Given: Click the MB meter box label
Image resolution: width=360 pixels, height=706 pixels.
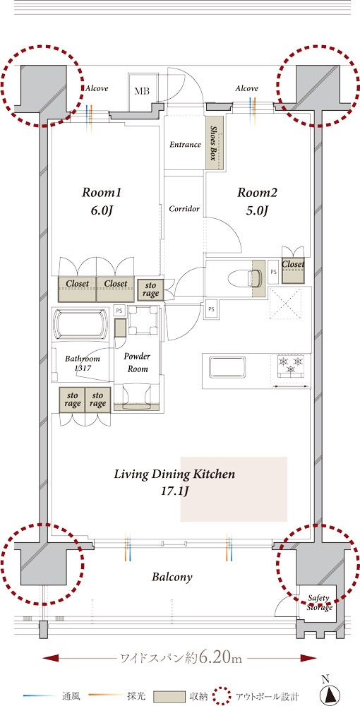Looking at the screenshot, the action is point(142,91).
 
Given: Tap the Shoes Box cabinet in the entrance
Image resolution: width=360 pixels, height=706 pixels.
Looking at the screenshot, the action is point(215,143).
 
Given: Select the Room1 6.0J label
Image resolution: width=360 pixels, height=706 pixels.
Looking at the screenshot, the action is point(102,201).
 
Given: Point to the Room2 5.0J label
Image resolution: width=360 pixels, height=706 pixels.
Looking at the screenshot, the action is point(258,201).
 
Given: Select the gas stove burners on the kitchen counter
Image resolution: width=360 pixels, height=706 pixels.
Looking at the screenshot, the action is point(291,365).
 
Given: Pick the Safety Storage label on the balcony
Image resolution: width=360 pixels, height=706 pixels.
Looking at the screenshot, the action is point(320,603).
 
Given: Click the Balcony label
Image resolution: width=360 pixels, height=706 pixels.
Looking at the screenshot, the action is point(172,578).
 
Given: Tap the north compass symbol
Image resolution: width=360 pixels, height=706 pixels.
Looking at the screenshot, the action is point(328,692).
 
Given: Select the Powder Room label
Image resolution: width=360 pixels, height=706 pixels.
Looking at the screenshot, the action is point(137,362).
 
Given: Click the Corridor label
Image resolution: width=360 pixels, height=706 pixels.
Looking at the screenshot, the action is point(184,209).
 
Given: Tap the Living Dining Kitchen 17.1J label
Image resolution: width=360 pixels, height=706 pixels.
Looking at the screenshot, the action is point(174,481).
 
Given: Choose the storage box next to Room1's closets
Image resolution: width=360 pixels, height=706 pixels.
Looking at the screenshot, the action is point(150,289).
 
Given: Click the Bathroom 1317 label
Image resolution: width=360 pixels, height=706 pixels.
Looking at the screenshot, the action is point(82,364).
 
